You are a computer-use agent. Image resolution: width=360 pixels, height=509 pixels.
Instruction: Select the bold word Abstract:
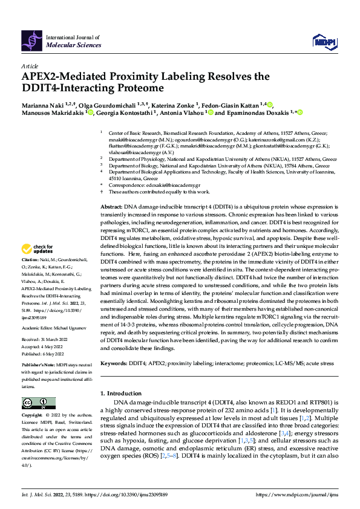pyautogui.click(x=111, y=207)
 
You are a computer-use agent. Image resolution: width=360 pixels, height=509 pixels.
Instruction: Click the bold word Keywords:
pyautogui.click(x=115, y=363)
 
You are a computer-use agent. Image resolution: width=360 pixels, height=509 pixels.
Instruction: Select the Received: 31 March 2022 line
pyautogui.click(x=44, y=340)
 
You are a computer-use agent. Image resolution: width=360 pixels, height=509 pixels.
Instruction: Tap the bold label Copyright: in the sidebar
pyautogui.click(x=33, y=416)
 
